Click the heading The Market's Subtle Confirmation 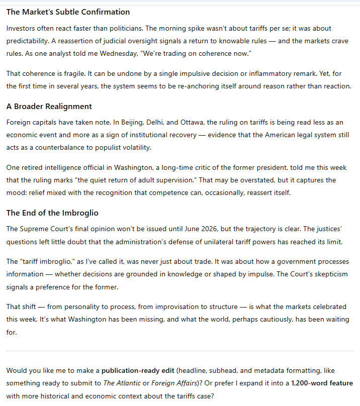pos(68,12)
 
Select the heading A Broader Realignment pos(49,107)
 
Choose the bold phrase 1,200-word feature pos(322,383)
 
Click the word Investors pos(22,28)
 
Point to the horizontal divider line pos(180,351)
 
